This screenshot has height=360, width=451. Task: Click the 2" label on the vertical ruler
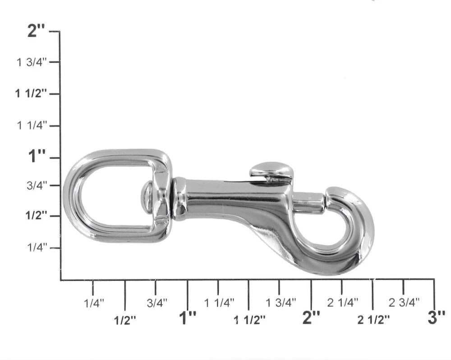36,31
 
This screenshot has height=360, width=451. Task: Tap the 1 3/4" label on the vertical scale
32,62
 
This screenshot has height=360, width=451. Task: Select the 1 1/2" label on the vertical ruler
31,93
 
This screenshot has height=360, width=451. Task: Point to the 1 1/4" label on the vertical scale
32,125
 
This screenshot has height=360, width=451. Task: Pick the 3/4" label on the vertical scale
37,185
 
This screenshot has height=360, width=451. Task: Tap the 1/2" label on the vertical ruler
36,215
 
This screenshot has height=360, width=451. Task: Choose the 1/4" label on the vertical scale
37,247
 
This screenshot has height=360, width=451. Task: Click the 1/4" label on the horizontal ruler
94,303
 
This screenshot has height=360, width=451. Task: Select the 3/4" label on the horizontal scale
157,303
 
